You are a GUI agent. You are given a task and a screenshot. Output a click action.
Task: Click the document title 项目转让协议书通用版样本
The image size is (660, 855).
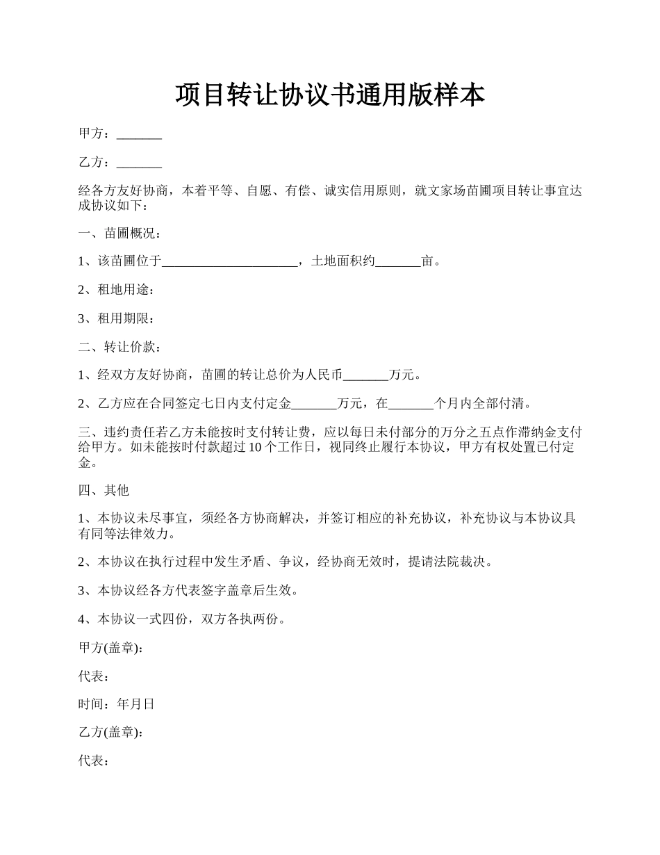pyautogui.click(x=329, y=95)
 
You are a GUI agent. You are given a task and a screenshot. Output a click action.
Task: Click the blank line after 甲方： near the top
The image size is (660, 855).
pyautogui.click(x=139, y=135)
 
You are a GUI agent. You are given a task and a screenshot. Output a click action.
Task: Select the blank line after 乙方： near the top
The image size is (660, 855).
pyautogui.click(x=139, y=163)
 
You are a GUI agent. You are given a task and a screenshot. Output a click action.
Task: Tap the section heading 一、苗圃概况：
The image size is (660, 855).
pyautogui.click(x=119, y=233)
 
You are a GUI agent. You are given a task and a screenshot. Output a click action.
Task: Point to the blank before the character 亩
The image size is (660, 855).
pyautogui.click(x=398, y=262)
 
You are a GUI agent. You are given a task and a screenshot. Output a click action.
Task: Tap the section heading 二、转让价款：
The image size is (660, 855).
pyautogui.click(x=119, y=347)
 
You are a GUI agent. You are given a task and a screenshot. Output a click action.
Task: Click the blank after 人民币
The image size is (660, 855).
pyautogui.click(x=366, y=375)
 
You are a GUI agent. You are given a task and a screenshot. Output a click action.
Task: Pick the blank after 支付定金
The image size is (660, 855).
pyautogui.click(x=314, y=404)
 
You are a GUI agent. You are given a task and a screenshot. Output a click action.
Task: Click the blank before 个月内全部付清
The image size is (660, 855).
pyautogui.click(x=411, y=404)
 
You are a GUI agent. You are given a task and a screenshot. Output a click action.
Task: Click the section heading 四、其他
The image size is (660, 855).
pyautogui.click(x=104, y=490)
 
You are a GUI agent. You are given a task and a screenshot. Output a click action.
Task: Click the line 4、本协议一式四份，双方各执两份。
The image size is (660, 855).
pyautogui.click(x=182, y=619)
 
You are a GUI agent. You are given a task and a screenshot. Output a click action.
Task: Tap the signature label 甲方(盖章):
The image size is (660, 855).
pyautogui.click(x=112, y=647)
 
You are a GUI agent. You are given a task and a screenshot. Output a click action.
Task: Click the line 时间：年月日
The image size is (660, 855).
pyautogui.click(x=116, y=704)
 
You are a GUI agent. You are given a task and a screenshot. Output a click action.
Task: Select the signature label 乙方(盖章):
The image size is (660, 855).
pyautogui.click(x=112, y=733)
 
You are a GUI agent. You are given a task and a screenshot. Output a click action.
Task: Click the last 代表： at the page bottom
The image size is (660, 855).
pyautogui.click(x=93, y=761)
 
